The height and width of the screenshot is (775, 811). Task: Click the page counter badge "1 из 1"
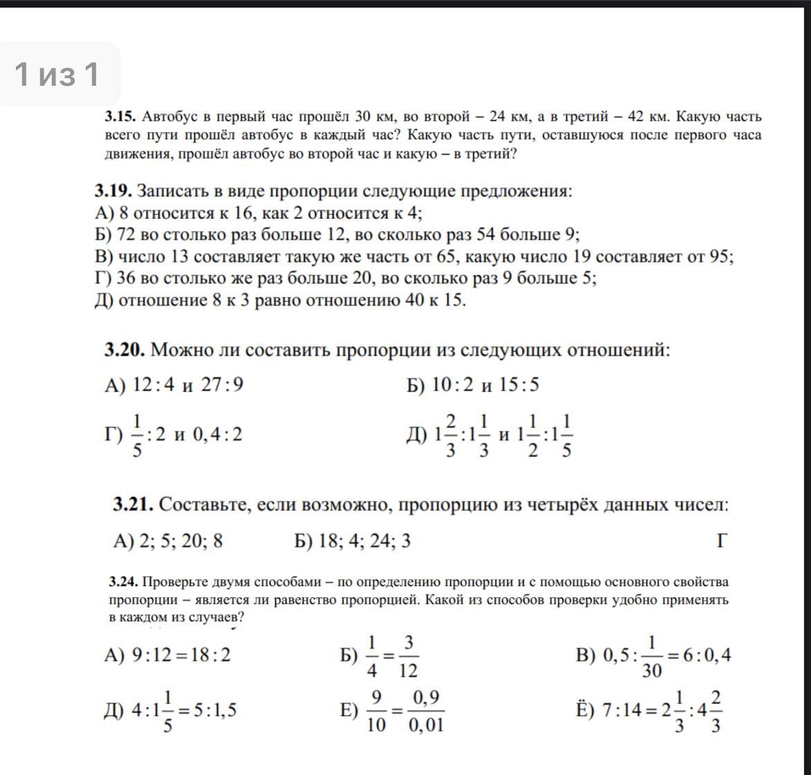click(58, 74)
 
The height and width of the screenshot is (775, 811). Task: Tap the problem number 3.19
click(113, 190)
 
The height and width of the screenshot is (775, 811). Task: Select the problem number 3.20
click(125, 349)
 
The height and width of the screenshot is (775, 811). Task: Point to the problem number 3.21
click(133, 504)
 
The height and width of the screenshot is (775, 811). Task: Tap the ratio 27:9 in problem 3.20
click(222, 384)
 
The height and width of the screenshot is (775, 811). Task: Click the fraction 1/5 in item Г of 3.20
click(136, 435)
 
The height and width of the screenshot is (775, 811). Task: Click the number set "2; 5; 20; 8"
click(181, 540)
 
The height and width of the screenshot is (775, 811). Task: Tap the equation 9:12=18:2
click(181, 655)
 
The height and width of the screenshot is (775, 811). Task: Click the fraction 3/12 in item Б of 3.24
click(408, 655)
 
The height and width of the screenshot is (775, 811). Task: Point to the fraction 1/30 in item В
click(652, 655)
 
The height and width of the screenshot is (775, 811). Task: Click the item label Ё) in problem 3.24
click(585, 711)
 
